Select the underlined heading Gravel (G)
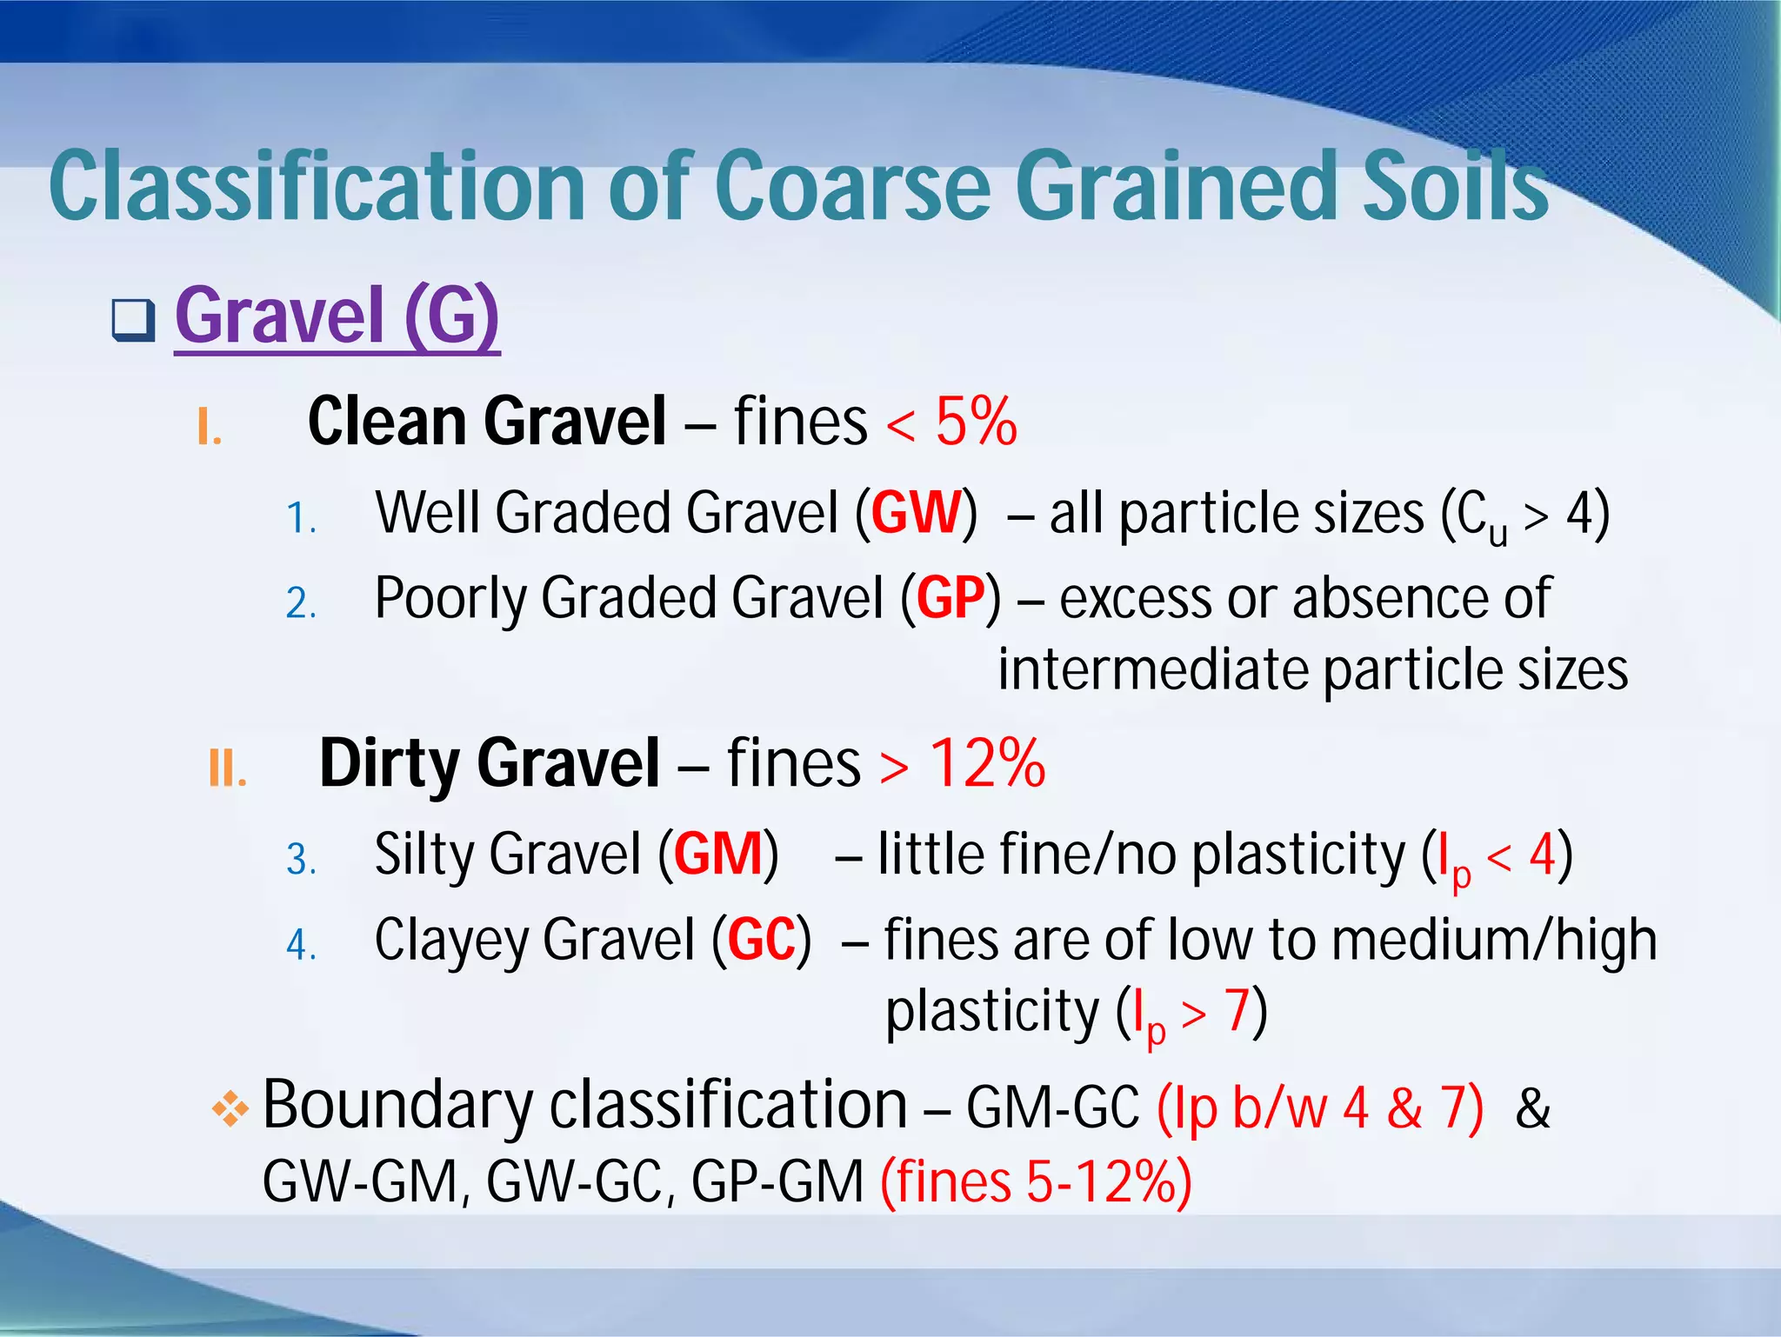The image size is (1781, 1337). (337, 316)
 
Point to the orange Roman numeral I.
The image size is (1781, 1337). (209, 427)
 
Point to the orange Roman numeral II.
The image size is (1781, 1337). (228, 768)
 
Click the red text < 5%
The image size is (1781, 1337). (951, 422)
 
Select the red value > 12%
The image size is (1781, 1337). (962, 763)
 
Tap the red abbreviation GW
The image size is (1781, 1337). (917, 513)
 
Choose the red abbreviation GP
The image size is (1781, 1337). (951, 598)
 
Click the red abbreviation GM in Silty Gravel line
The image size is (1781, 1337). (717, 854)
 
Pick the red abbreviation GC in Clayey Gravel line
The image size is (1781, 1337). (762, 940)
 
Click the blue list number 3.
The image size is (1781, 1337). (301, 860)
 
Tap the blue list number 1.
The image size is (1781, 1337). (301, 519)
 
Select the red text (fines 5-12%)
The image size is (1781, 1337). (1036, 1181)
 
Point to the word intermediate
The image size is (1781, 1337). (1151, 669)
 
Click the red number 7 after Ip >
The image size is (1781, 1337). (1237, 1011)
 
